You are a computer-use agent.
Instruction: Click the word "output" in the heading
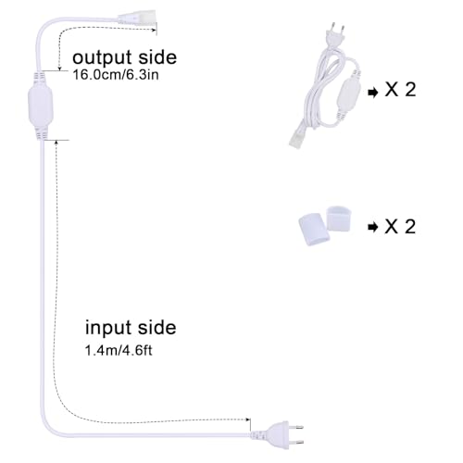(102, 58)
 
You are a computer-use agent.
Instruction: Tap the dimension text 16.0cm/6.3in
(116, 75)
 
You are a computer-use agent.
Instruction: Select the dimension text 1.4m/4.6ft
(119, 351)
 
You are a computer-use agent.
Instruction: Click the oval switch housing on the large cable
(41, 106)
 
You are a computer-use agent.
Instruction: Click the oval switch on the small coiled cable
(348, 94)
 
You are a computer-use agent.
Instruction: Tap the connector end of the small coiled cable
(298, 138)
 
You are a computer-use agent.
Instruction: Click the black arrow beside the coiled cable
(373, 93)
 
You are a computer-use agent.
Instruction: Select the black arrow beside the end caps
(373, 228)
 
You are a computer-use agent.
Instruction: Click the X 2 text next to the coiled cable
(400, 90)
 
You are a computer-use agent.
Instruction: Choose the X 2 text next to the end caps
(400, 226)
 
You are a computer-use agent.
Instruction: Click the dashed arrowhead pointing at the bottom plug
(247, 419)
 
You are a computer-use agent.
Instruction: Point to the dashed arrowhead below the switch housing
(56, 142)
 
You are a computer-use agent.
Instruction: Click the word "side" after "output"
(157, 57)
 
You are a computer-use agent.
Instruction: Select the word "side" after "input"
(156, 328)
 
